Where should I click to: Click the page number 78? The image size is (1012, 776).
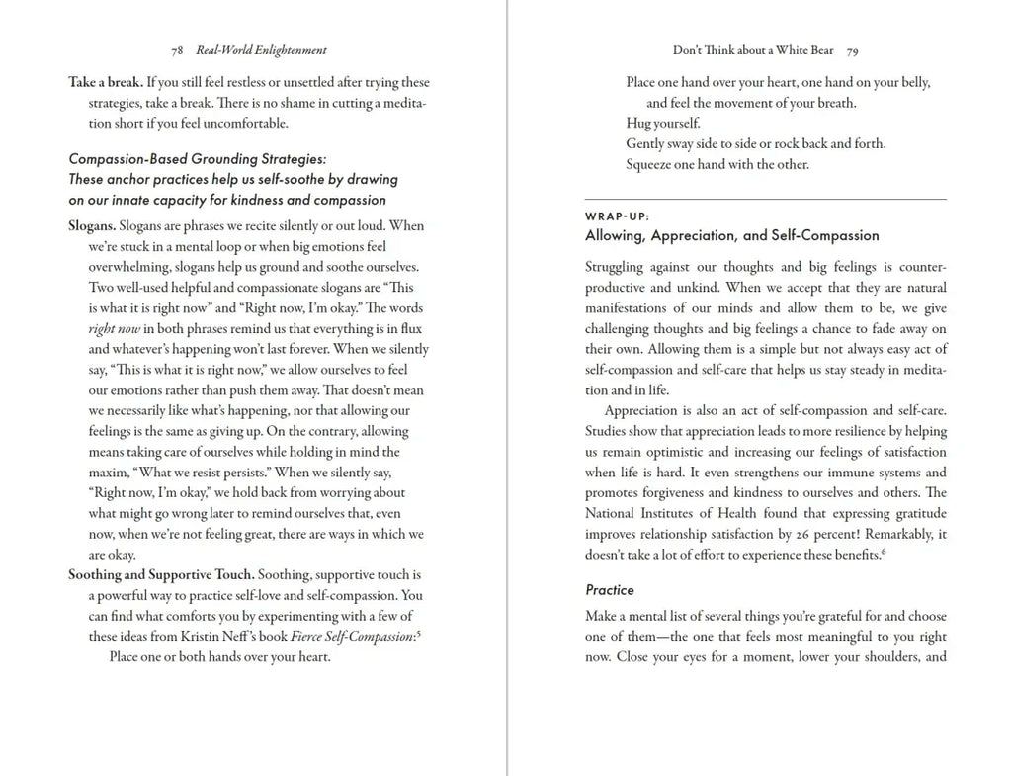click(176, 50)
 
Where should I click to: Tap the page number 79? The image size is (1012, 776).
click(852, 50)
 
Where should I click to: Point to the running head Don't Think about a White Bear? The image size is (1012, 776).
click(753, 50)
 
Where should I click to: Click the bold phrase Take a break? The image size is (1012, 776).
click(106, 82)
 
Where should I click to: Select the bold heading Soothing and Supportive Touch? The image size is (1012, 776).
click(161, 574)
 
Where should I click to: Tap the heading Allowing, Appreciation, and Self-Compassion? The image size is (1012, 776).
click(731, 235)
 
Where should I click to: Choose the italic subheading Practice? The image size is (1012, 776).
click(610, 590)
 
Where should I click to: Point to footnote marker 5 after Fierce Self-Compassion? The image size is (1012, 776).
click(419, 634)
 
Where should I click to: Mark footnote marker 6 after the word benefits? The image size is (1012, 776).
click(883, 552)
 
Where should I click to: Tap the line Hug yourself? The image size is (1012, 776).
click(662, 124)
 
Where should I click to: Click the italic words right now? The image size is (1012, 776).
click(115, 328)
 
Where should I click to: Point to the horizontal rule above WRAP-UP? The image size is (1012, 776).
click(766, 199)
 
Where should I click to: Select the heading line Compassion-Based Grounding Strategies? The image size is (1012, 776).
click(197, 159)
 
